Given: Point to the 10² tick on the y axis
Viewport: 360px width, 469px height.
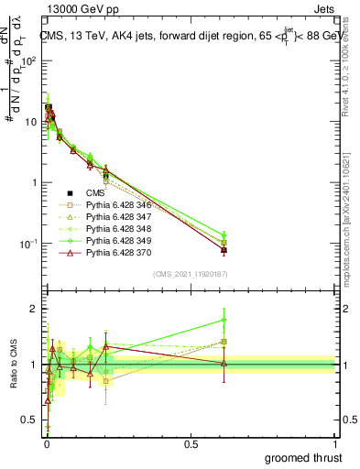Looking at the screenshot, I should click(x=28, y=61).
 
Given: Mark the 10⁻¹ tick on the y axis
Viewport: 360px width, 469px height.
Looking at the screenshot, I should click(x=28, y=244).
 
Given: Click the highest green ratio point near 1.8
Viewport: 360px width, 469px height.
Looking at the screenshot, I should click(x=224, y=320).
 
